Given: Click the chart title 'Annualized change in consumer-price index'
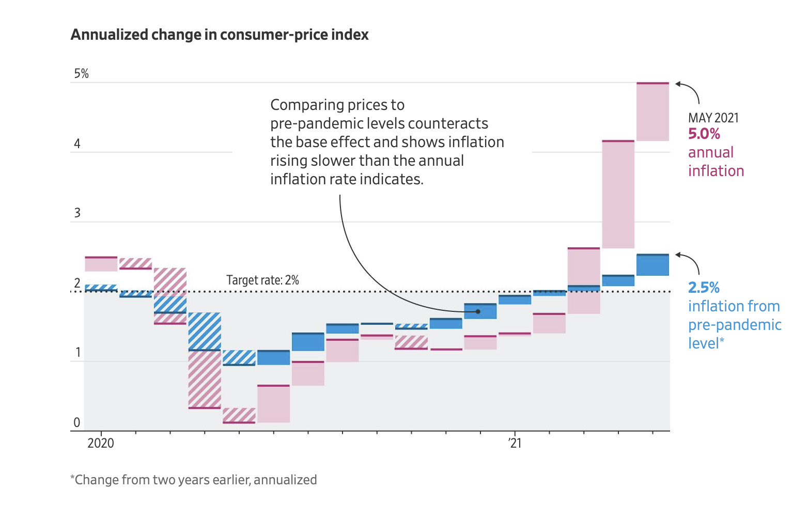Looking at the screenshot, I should pyautogui.click(x=220, y=35).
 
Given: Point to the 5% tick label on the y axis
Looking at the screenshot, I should pyautogui.click(x=81, y=73).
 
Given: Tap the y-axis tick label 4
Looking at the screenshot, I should pyautogui.click(x=77, y=144).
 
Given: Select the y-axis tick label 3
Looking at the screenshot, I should pyautogui.click(x=77, y=213).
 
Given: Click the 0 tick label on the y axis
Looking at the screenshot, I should pyautogui.click(x=77, y=422).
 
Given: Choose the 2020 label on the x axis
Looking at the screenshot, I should pyautogui.click(x=101, y=443).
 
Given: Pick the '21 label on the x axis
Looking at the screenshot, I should pyautogui.click(x=515, y=443).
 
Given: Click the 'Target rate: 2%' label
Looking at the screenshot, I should pyautogui.click(x=262, y=280).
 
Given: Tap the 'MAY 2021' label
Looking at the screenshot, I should pyautogui.click(x=713, y=118).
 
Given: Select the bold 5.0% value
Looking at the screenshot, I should pyautogui.click(x=704, y=134).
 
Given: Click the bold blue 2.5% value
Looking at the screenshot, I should pyautogui.click(x=704, y=287).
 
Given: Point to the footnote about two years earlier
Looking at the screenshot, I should pyautogui.click(x=194, y=480).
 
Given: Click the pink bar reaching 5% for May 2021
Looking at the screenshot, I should pyautogui.click(x=652, y=112).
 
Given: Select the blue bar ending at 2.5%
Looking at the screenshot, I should pyautogui.click(x=652, y=265).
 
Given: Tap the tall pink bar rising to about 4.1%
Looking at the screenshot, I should pyautogui.click(x=618, y=194).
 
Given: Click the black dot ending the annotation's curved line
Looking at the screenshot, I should pyautogui.click(x=478, y=311).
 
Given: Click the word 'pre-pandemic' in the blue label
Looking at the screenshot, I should pyautogui.click(x=734, y=325).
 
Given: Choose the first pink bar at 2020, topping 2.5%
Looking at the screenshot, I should pyautogui.click(x=101, y=264).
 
